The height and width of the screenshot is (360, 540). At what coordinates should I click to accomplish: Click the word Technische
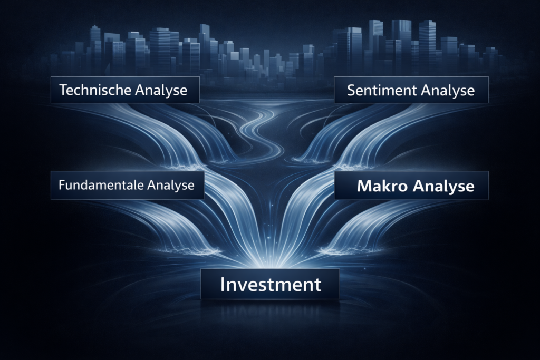pos(95,90)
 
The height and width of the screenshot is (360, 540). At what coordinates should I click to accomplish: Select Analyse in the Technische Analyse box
pos(161,91)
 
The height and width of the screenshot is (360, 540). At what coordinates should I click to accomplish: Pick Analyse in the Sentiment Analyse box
pos(448,91)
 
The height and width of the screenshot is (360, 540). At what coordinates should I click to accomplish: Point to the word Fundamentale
pos(101,185)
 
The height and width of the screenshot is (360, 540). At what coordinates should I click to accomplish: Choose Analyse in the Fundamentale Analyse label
pos(171,186)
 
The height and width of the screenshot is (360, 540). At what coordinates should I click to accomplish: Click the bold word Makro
pos(383,186)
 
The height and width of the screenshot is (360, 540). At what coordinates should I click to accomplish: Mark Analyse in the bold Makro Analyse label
pos(443,187)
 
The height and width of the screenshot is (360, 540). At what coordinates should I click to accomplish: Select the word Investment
pos(271,284)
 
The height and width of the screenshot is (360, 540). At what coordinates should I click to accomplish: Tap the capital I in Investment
pos(223,284)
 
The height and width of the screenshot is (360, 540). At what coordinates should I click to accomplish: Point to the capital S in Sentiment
pos(351,91)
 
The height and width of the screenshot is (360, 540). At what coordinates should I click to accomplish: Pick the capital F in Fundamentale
pos(62,185)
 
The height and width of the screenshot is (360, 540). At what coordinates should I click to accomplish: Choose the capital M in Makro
pos(364,186)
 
